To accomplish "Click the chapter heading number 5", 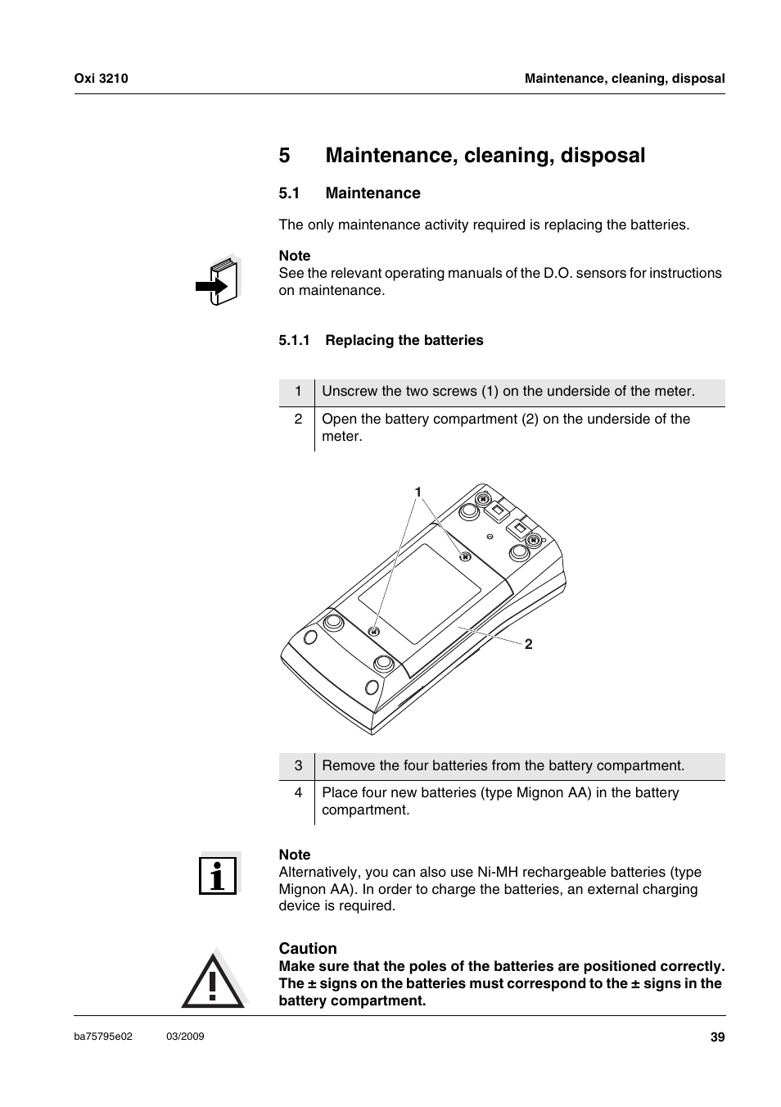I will tap(284, 156).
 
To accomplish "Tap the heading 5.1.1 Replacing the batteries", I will tap(381, 340).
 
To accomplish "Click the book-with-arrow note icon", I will tap(219, 281).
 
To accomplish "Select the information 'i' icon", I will tap(219, 874).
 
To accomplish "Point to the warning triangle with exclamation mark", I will tap(213, 980).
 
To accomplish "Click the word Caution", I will tap(308, 948).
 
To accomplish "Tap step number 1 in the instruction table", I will tap(298, 392).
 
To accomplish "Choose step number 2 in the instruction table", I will tap(298, 420).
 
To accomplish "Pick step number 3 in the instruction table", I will tap(298, 766).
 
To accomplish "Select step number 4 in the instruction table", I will tap(298, 793).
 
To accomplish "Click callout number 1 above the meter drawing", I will tap(418, 492).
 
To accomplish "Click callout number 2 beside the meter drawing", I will tap(529, 645).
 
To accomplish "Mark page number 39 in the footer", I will tap(717, 1037).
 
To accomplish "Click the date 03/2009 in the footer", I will tap(185, 1037).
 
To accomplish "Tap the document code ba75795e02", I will tap(103, 1037).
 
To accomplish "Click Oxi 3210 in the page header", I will tap(102, 79).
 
